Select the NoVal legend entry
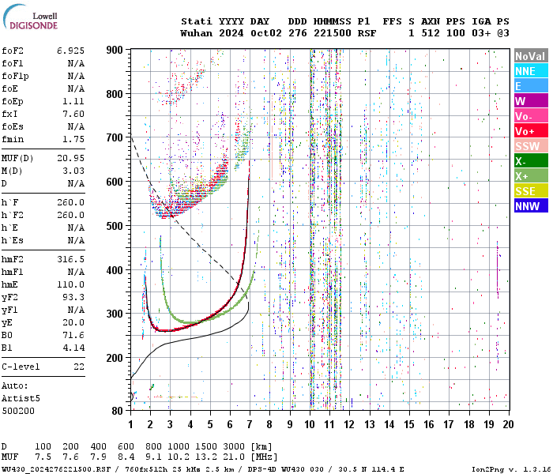529,56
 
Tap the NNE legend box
529,71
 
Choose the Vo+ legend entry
529,131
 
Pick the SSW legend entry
529,146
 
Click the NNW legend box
529,206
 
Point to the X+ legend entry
529,176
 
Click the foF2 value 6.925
70,50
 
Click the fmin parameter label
12,139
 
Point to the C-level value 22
78,367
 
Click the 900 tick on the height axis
115,50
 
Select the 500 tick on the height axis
115,226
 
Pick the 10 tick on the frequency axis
310,424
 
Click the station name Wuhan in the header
196,33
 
